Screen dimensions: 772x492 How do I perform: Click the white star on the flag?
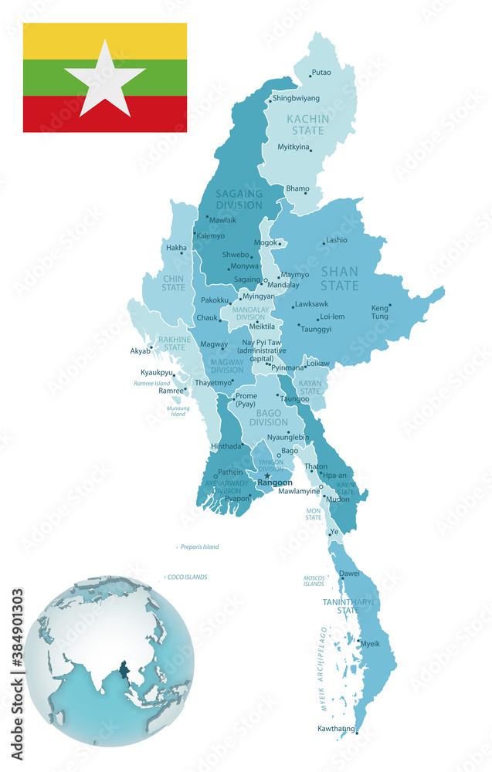(105, 77)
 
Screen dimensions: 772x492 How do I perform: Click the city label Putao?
(321, 73)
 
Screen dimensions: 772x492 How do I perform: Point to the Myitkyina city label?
(293, 147)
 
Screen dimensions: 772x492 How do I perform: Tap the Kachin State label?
(307, 125)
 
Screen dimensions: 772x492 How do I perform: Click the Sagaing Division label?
(239, 199)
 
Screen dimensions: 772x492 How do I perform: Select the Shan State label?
(340, 279)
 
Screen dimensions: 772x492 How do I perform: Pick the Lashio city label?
(336, 240)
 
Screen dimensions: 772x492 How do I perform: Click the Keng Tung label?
(380, 312)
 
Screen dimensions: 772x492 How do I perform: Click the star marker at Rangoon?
(267, 476)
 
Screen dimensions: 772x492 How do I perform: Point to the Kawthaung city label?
(336, 729)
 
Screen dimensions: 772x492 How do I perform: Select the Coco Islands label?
(188, 577)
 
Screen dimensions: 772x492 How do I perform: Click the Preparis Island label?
(199, 547)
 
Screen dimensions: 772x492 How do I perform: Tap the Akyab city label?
(141, 350)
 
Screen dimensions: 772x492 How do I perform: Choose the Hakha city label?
(175, 248)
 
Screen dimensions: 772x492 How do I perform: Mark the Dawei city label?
(349, 574)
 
